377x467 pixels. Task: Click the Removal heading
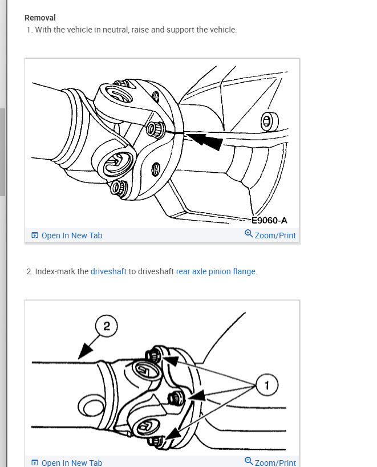(x=40, y=18)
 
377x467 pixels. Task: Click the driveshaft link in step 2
(x=108, y=271)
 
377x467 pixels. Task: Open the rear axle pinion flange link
(x=216, y=271)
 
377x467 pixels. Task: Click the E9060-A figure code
(x=269, y=221)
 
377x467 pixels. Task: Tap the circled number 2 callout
(x=106, y=326)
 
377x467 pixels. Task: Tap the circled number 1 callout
(x=267, y=385)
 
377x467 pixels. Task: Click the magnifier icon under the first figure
(x=249, y=234)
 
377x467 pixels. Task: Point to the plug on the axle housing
(x=269, y=121)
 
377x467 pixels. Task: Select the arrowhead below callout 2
(x=85, y=351)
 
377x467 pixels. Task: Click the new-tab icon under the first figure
(x=35, y=235)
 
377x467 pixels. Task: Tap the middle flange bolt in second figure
(x=176, y=398)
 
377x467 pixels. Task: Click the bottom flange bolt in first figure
(x=119, y=188)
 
